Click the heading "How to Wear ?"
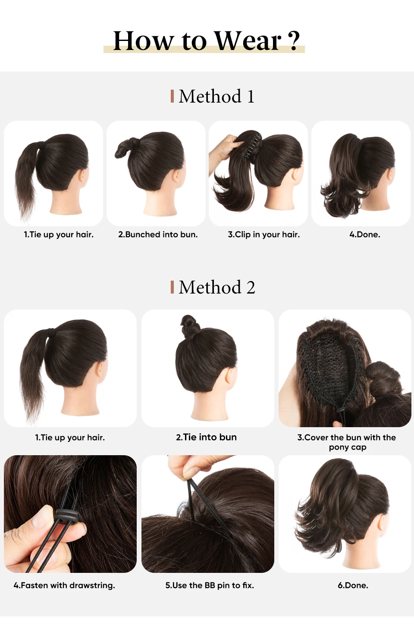[x=206, y=41]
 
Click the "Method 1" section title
[x=216, y=96]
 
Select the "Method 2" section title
[x=216, y=287]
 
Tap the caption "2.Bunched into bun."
[x=158, y=234]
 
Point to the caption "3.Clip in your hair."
[x=264, y=234]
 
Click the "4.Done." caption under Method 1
[x=365, y=234]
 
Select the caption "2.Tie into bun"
[x=206, y=437]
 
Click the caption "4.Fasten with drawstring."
[x=64, y=585]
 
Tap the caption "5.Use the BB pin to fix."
[x=210, y=585]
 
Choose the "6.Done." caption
[x=353, y=585]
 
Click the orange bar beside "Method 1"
[x=172, y=96]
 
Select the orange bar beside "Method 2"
[x=172, y=287]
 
